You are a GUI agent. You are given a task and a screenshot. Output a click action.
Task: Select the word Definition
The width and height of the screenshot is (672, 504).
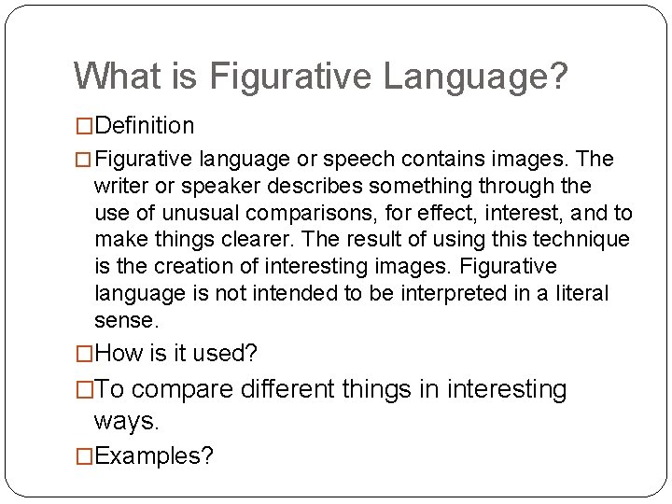[x=145, y=125]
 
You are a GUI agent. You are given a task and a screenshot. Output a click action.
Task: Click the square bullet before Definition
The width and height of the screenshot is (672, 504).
[x=85, y=126]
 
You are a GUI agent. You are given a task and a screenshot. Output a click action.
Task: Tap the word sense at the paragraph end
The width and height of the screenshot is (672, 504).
[x=123, y=321]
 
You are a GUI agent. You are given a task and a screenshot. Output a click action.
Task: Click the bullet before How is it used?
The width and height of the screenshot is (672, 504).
[x=85, y=355]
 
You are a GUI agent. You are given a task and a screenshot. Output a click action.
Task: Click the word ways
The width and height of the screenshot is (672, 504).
[x=126, y=421]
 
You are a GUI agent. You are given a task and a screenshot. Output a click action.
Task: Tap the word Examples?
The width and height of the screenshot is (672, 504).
[x=154, y=455]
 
